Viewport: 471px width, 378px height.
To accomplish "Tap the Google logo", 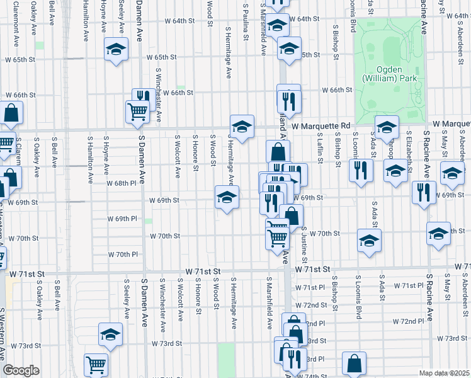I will coord(21,370).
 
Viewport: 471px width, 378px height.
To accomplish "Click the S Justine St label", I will coord(304,246).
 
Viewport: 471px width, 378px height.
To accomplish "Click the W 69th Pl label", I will coord(126,219).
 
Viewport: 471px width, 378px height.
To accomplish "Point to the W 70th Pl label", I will coord(127,255).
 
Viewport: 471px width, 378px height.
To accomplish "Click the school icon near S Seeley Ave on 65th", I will coord(116,50).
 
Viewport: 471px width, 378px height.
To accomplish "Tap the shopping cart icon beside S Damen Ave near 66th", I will coord(137,111).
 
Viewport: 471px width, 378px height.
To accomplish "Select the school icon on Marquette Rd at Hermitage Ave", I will coord(242,125).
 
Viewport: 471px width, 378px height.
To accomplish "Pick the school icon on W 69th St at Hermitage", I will coord(227,197).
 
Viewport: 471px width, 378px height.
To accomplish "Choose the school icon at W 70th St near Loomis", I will coord(369,240).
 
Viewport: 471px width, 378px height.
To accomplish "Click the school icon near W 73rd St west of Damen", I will coord(110,334).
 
